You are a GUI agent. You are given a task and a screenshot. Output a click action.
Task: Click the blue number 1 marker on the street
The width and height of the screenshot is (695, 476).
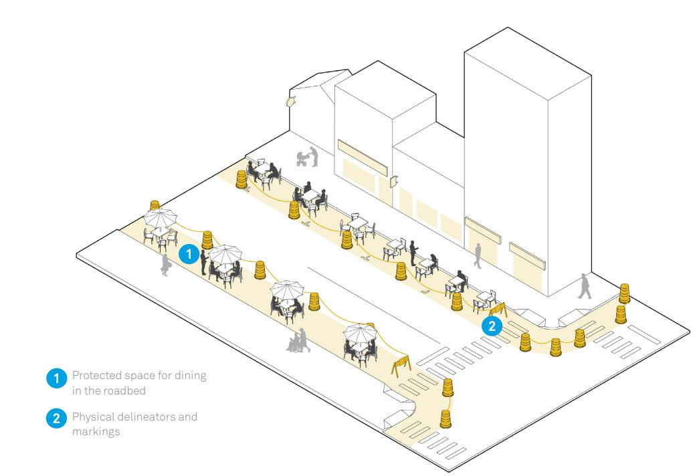click(x=189, y=254)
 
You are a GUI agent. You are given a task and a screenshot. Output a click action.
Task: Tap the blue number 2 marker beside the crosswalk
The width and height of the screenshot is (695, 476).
click(x=492, y=326)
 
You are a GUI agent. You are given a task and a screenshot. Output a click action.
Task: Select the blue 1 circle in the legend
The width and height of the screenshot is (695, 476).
click(x=56, y=379)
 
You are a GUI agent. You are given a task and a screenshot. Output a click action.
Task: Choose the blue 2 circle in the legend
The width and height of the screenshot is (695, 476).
click(x=56, y=419)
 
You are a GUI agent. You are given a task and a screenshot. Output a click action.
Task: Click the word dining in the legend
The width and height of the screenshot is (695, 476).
click(x=190, y=375)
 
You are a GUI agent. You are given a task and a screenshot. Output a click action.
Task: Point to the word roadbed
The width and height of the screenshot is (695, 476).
click(x=130, y=390)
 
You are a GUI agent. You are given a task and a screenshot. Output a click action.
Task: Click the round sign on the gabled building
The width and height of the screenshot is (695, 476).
click(x=290, y=102)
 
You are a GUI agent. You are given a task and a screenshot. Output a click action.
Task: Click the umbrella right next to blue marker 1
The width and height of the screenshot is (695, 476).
click(x=225, y=253)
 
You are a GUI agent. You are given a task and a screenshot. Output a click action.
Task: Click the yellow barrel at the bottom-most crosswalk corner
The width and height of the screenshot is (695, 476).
click(x=446, y=419)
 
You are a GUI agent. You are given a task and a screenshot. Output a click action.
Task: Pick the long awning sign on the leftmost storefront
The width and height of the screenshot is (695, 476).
click(x=363, y=155)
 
